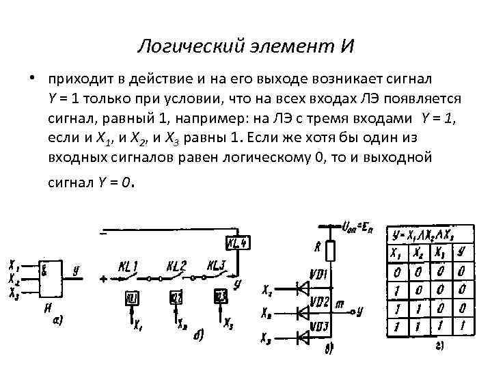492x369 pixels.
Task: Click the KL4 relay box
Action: (238, 242)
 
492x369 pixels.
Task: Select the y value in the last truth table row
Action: (463, 327)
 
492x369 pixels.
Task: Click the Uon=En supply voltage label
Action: (357, 228)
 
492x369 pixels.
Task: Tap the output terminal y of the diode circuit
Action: (360, 312)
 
